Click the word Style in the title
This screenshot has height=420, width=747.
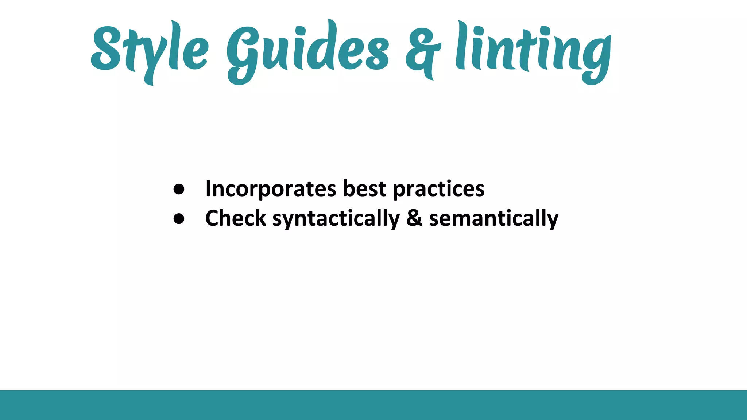click(x=150, y=49)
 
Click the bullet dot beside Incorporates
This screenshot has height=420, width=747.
click(x=179, y=189)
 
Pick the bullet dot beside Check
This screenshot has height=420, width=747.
click(x=179, y=218)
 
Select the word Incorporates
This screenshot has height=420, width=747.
click(x=271, y=189)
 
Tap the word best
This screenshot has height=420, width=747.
click(x=364, y=189)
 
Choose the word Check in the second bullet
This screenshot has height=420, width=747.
click(x=236, y=218)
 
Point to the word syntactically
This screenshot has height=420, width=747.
click(x=336, y=219)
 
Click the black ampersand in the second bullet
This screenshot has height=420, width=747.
click(x=414, y=218)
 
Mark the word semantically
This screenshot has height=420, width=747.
click(x=494, y=219)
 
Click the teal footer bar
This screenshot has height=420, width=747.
click(x=373, y=405)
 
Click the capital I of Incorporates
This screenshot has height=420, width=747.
click(x=208, y=189)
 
